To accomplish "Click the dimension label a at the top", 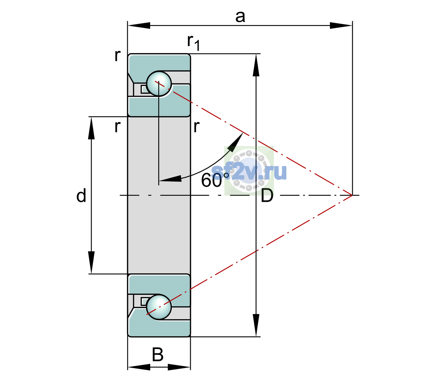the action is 240,17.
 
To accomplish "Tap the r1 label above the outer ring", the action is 194,43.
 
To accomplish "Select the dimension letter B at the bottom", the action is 158,354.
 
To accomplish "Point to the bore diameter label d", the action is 81,195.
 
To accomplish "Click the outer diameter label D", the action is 267,196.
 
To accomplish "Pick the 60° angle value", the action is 215,180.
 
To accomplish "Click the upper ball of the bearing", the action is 159,84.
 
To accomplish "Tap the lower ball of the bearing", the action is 159,307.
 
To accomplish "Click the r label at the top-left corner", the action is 118,55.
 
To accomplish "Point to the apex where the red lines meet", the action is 352,195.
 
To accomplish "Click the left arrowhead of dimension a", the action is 139,25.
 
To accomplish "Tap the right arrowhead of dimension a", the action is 341,25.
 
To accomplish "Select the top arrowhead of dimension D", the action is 256,65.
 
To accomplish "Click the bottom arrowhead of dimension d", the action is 91,263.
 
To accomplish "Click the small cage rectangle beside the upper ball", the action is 144,89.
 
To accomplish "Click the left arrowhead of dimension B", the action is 139,367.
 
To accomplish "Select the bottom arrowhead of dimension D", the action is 256,325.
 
